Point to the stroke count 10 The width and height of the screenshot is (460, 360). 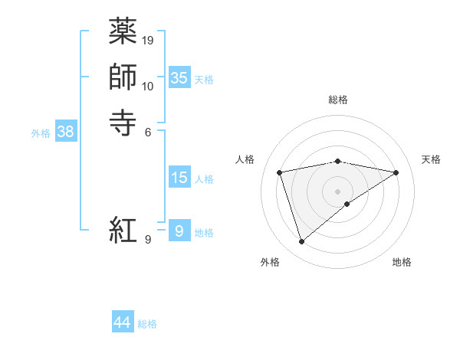149,86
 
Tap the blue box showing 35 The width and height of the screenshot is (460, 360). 179,78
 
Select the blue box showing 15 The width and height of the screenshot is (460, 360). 179,178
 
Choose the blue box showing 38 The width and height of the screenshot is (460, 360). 65,132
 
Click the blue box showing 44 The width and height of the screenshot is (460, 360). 123,323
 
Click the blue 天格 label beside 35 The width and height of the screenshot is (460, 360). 204,79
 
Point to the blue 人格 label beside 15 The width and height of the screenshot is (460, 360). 204,179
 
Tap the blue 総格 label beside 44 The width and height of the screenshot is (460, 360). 147,324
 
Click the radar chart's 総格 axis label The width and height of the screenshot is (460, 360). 338,100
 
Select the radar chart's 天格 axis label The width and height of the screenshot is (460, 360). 432,159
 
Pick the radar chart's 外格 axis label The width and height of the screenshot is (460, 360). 270,262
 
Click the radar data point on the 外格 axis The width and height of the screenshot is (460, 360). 301,242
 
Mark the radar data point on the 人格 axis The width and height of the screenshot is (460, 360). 281,172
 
